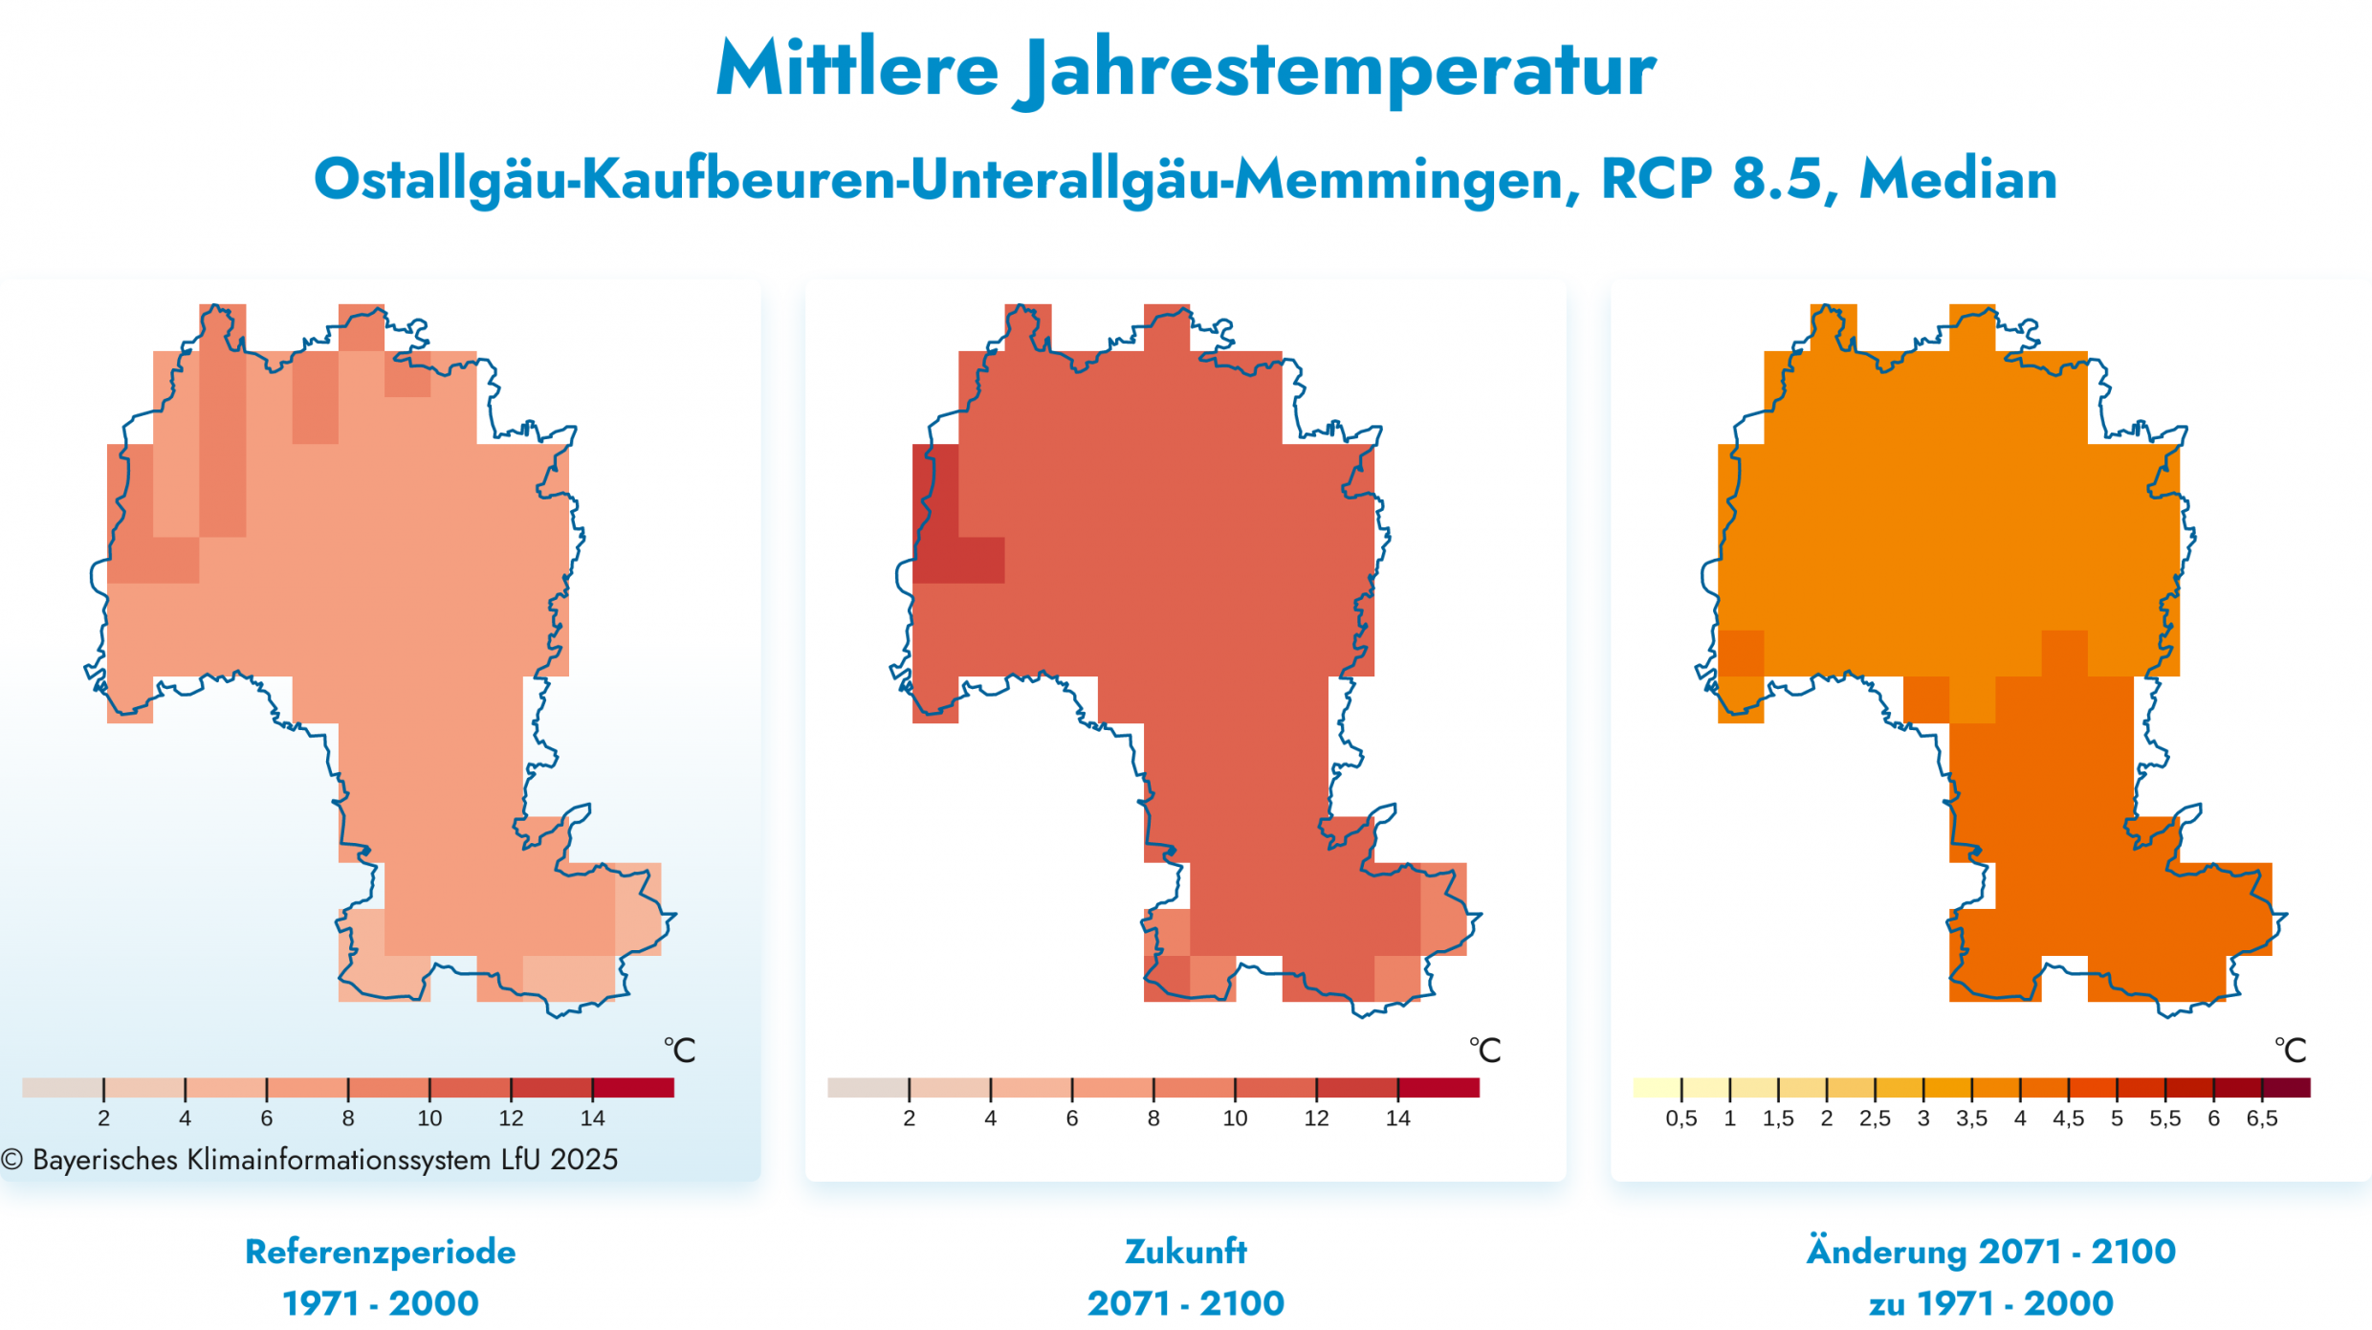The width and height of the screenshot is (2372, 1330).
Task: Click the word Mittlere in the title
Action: click(x=857, y=69)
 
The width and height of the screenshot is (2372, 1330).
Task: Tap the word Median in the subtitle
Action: click(x=1958, y=179)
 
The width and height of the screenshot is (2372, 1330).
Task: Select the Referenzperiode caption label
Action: click(x=380, y=1252)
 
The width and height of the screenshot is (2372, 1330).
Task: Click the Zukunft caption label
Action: click(x=1185, y=1252)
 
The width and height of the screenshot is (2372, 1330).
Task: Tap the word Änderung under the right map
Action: click(x=1885, y=1252)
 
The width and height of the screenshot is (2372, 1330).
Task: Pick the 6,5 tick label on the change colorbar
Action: click(x=2261, y=1119)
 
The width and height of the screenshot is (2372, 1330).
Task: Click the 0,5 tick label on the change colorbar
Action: click(x=1680, y=1119)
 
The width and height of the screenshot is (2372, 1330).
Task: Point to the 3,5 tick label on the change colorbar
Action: click(x=1971, y=1119)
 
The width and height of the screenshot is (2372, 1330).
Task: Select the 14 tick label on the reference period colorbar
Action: click(x=592, y=1119)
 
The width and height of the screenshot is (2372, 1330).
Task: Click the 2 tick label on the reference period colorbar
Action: click(x=103, y=1119)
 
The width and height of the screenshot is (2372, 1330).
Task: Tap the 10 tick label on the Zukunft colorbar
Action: click(x=1235, y=1119)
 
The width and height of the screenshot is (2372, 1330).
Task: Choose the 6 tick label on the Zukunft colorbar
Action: click(x=1072, y=1119)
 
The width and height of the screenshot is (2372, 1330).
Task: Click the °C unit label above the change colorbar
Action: click(x=2290, y=1051)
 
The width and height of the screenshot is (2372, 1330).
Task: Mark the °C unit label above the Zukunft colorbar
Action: click(x=1484, y=1051)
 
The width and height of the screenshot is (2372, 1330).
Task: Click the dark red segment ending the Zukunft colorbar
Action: click(x=1439, y=1088)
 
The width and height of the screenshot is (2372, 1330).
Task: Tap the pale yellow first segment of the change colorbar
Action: click(x=1657, y=1088)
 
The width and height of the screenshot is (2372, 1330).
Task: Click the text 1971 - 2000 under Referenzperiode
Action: click(x=380, y=1303)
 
